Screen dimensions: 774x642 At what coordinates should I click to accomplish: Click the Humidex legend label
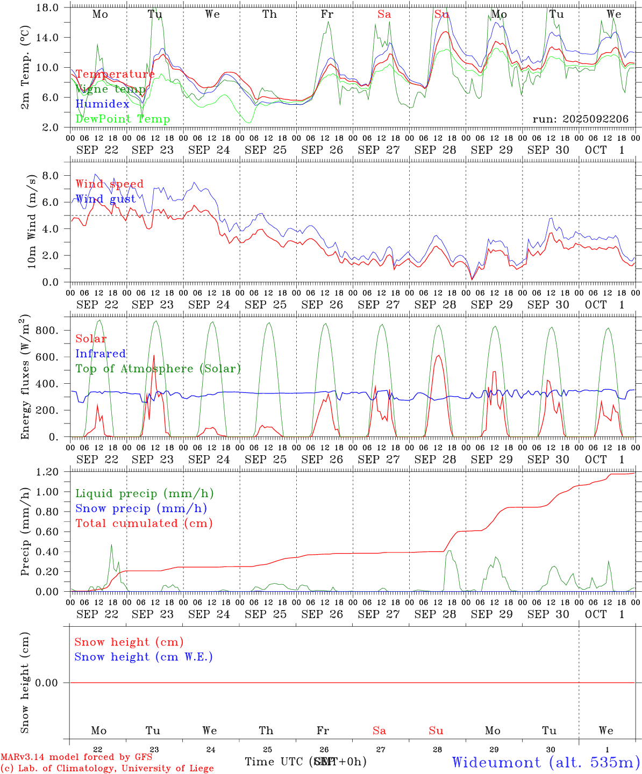pyautogui.click(x=103, y=104)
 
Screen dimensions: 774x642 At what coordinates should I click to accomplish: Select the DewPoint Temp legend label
pyautogui.click(x=123, y=119)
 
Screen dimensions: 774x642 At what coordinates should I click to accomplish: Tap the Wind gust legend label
pyautogui.click(x=106, y=199)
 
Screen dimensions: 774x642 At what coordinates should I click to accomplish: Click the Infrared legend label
pyautogui.click(x=101, y=354)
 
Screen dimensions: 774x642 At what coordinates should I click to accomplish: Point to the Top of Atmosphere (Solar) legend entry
pyautogui.click(x=158, y=369)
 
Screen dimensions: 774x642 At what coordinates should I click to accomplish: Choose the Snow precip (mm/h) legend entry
pyautogui.click(x=141, y=508)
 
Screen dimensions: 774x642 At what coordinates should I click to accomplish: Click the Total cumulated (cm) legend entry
pyautogui.click(x=144, y=523)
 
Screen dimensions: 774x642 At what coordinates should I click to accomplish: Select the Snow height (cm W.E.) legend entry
pyautogui.click(x=144, y=657)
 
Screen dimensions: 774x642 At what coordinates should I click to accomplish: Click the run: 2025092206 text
pyautogui.click(x=580, y=119)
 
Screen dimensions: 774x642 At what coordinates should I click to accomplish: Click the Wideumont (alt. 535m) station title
pyautogui.click(x=546, y=762)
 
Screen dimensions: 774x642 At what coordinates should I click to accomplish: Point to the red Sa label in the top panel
pyautogui.click(x=384, y=15)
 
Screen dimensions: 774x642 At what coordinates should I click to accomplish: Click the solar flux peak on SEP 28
pyautogui.click(x=439, y=355)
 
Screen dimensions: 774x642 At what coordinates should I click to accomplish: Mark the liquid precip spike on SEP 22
pyautogui.click(x=111, y=545)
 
